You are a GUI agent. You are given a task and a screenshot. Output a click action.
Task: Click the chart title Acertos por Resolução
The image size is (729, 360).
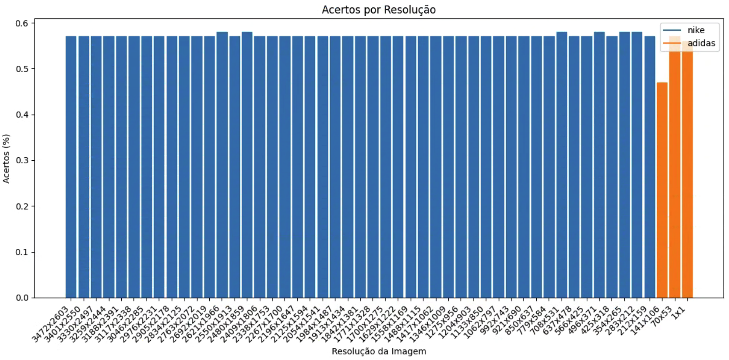[379, 10]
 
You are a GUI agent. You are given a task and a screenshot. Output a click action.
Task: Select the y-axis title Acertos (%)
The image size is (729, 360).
[6, 159]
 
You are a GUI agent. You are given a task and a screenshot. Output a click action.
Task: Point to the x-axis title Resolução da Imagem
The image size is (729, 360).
[379, 351]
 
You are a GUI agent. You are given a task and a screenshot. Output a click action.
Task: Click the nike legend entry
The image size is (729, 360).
[696, 30]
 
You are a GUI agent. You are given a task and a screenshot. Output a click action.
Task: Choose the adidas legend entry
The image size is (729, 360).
[701, 43]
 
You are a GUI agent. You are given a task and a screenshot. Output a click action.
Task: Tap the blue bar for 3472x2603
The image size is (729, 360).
[71, 166]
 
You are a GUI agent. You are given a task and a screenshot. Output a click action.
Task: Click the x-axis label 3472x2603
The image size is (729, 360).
[51, 325]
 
